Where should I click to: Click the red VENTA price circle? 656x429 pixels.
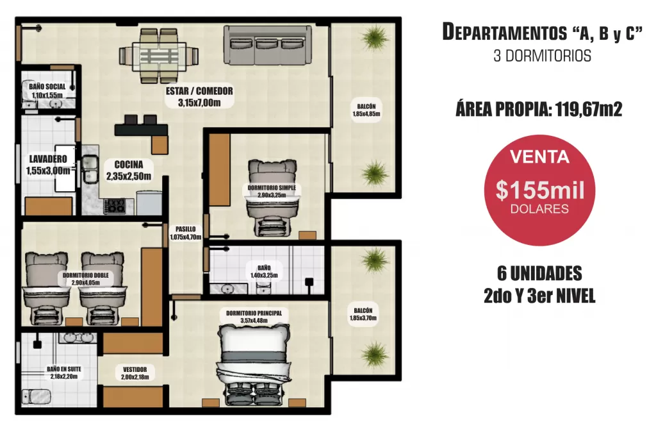539,190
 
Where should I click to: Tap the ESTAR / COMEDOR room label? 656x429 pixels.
199,97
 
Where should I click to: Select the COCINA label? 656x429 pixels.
128,170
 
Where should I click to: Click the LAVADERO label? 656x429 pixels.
48,165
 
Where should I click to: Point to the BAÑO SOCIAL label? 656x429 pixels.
47,90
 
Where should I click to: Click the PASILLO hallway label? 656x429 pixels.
185,233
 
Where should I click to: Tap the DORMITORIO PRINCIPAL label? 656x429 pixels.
254,317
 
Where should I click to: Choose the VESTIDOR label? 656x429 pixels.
135,373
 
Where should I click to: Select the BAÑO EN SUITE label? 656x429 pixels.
64,373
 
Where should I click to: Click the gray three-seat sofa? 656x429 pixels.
268,45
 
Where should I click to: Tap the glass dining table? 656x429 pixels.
158,56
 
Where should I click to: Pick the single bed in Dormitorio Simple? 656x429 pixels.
272,198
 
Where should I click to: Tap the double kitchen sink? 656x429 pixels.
90,169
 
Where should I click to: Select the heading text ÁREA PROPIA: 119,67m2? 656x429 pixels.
539,110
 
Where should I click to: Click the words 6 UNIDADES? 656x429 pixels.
539,274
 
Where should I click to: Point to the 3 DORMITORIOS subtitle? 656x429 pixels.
542,56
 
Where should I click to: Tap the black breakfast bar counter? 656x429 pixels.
142,130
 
